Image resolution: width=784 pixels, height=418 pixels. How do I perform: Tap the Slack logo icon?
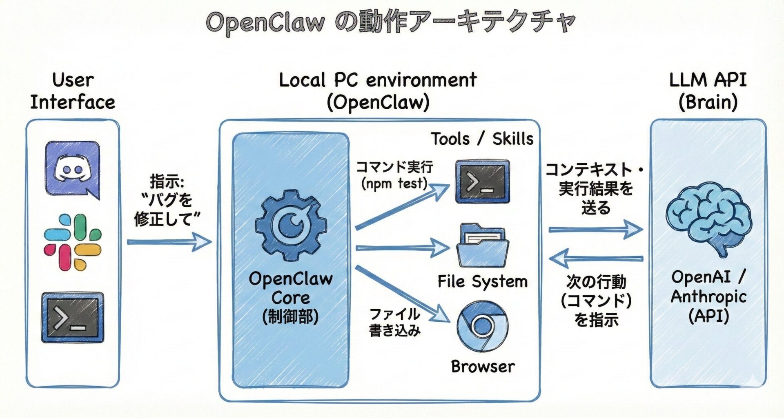tap(73, 242)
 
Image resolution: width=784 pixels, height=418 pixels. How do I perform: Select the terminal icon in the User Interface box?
tap(73, 317)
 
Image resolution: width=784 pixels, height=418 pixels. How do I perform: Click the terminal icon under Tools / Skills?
tap(483, 181)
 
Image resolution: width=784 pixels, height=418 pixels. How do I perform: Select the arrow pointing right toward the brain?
tap(595, 230)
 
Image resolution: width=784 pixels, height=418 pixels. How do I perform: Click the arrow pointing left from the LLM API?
tap(595, 258)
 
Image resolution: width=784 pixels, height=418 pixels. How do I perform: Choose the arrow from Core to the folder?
tap(402, 248)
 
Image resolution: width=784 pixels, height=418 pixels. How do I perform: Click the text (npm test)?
tap(394, 184)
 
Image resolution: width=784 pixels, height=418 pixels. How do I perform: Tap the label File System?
tap(483, 281)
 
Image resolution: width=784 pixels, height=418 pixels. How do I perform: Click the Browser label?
tap(483, 366)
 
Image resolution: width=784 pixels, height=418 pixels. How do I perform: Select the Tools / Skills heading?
tap(482, 139)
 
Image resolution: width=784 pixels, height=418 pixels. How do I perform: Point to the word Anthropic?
tap(708, 296)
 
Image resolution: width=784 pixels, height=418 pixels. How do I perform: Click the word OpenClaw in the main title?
tap(265, 22)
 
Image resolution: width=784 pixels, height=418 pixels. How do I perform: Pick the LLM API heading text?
tap(708, 80)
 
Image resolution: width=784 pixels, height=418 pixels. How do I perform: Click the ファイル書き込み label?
tap(394, 322)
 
